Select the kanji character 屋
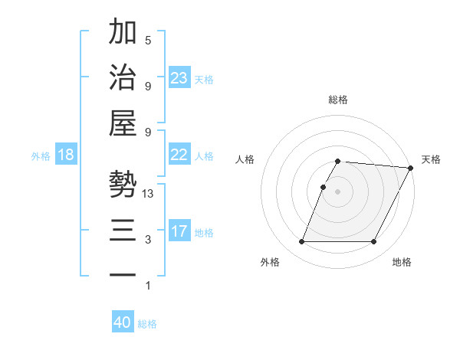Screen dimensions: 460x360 123,124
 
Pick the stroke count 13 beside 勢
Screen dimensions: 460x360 148,194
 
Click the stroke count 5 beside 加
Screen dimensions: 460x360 148,41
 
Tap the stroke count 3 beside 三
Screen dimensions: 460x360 148,240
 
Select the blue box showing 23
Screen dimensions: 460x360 179,78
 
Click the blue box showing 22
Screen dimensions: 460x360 179,155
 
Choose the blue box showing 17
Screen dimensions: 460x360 179,231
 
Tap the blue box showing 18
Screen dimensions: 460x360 66,155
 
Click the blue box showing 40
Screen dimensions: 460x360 123,322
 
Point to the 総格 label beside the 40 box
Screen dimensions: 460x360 147,324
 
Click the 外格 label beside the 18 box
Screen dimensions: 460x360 41,156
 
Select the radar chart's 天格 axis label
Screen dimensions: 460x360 431,159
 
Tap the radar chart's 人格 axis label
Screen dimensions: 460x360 245,159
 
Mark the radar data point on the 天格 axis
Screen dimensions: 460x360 411,168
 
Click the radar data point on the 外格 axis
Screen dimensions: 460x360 301,242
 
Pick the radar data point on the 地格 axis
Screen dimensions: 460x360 374,242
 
